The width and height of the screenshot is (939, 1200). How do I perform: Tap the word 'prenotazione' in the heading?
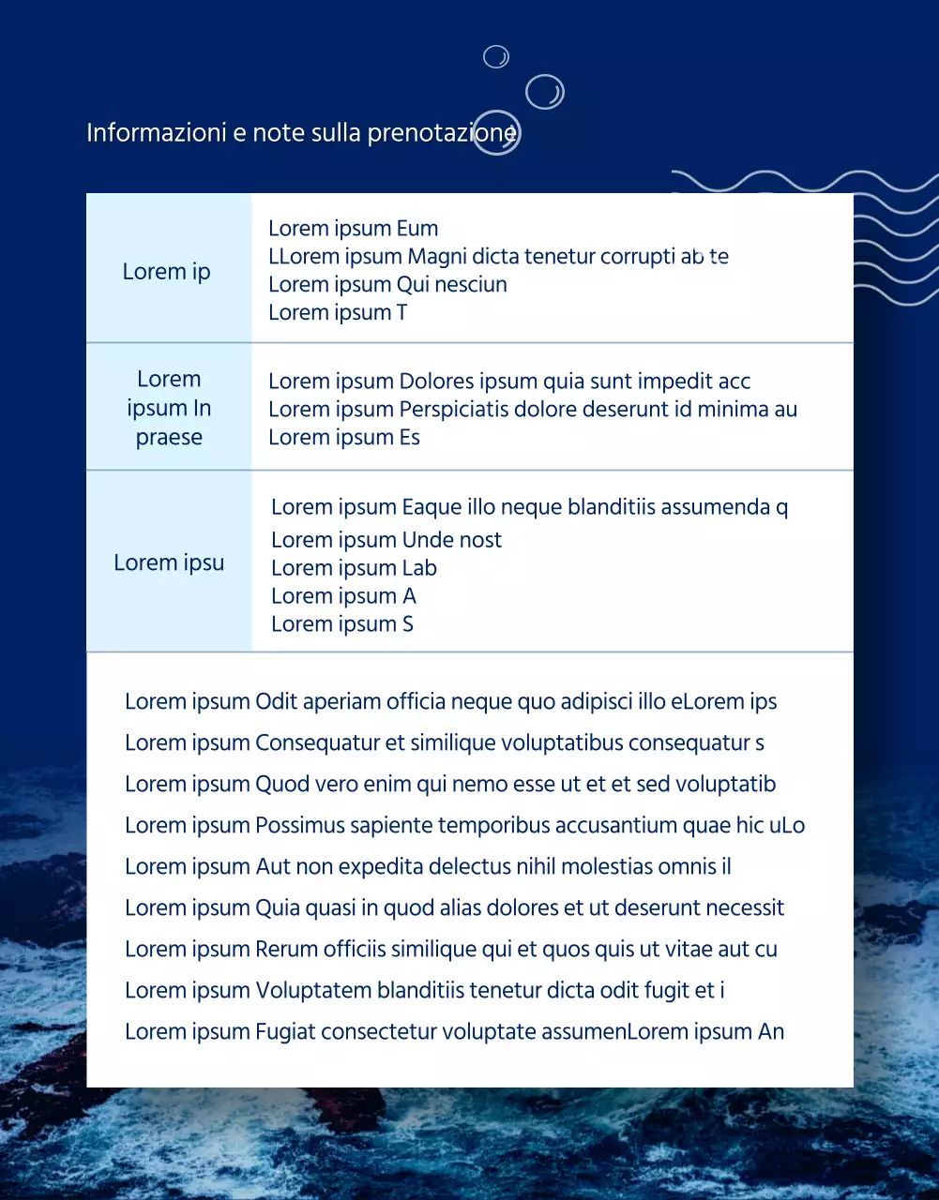(x=441, y=133)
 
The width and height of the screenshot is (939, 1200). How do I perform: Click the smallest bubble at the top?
(x=496, y=57)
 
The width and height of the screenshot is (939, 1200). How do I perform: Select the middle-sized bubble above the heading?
(x=544, y=92)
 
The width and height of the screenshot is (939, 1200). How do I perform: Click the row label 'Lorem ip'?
(x=166, y=272)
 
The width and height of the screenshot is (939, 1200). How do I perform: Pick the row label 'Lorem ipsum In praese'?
(x=169, y=408)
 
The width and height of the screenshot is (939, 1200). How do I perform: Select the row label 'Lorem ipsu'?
(x=169, y=562)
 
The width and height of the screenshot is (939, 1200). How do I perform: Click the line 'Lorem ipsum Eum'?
(x=353, y=229)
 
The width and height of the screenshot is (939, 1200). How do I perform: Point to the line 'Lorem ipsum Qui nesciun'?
(x=387, y=285)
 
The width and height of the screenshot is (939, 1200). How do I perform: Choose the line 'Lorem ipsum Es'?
(x=343, y=438)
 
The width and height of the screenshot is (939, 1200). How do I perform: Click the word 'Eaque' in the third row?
(x=432, y=507)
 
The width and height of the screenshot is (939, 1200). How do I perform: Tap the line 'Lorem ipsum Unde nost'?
(x=386, y=540)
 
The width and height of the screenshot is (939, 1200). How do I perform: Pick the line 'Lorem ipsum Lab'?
(x=354, y=568)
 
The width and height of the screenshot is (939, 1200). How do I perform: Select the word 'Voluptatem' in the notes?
(x=313, y=991)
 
